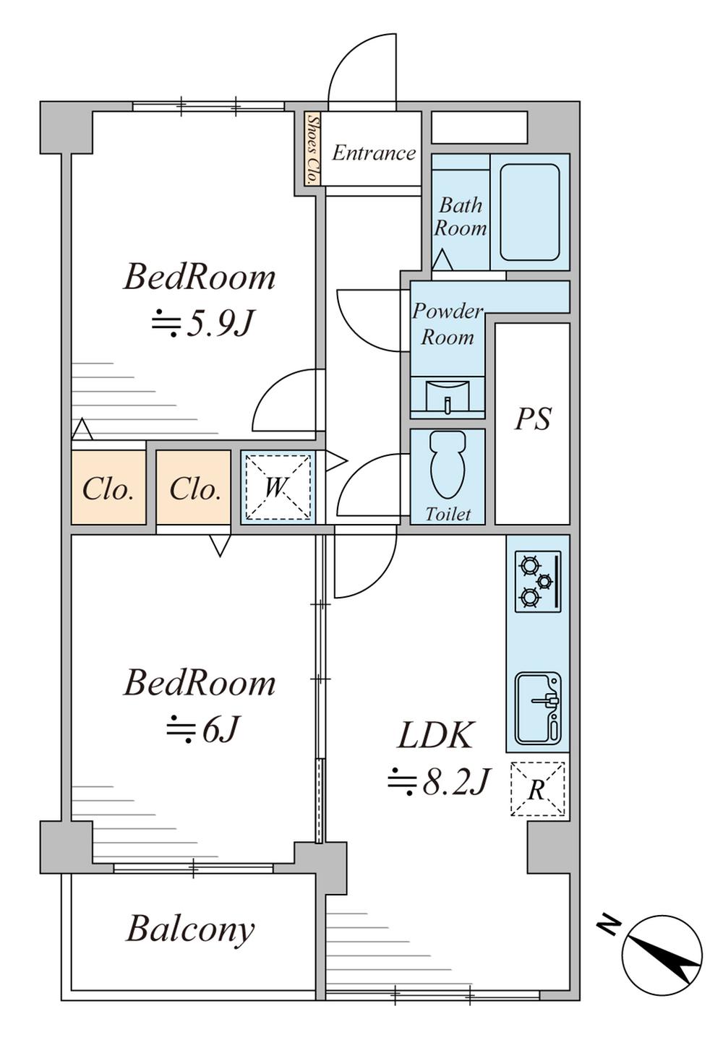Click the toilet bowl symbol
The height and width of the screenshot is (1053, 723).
[448, 465]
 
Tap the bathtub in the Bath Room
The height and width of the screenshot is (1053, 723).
[530, 212]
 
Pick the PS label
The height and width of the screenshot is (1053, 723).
[532, 419]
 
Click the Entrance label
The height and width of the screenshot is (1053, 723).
[374, 152]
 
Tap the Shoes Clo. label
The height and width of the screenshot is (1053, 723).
[311, 149]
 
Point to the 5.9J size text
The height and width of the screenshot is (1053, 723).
[203, 324]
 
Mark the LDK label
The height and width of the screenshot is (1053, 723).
[435, 736]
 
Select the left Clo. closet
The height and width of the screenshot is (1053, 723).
[108, 488]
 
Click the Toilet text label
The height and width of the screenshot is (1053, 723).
[448, 515]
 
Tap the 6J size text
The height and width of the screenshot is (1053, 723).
[204, 728]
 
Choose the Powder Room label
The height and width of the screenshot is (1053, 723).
[448, 325]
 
